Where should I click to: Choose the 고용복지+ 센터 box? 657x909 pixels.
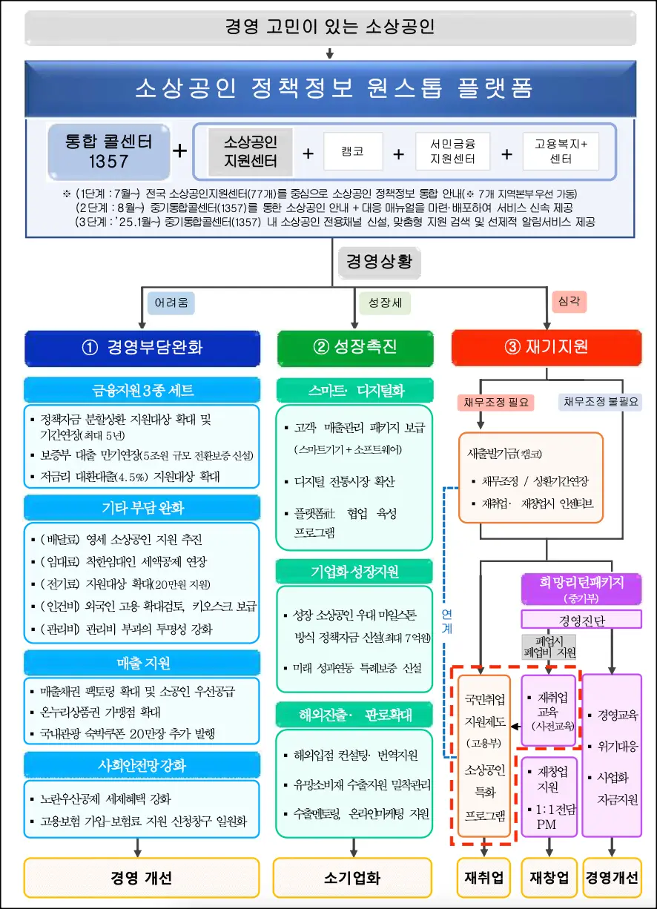click(x=561, y=151)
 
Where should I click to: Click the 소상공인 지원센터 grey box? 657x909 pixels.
click(x=251, y=151)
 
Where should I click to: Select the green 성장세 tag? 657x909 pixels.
click(x=385, y=303)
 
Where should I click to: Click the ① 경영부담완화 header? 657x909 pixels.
click(x=142, y=348)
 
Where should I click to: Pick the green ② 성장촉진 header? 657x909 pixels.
click(x=354, y=348)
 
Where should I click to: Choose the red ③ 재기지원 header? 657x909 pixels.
click(x=547, y=348)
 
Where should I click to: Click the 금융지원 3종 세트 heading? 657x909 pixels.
click(x=142, y=390)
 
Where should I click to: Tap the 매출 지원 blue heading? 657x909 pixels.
click(x=142, y=663)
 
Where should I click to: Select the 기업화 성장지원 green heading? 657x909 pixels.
click(x=354, y=572)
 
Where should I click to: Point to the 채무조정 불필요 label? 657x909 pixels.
click(x=601, y=403)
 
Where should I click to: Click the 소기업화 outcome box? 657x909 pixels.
click(x=352, y=878)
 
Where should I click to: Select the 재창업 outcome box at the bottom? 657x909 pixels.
click(x=549, y=878)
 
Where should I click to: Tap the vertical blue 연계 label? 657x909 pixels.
click(x=446, y=623)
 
